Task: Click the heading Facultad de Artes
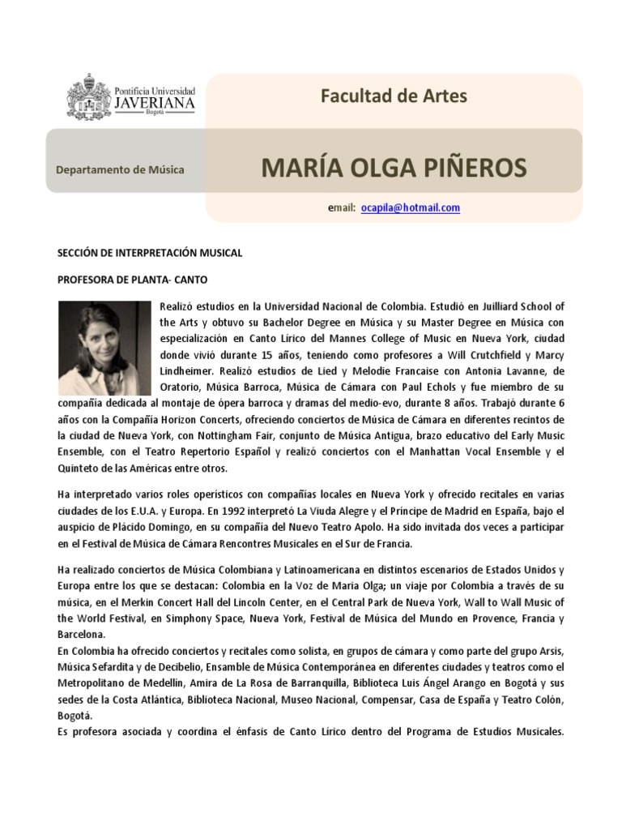click(394, 96)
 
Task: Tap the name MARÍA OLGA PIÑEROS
click(394, 168)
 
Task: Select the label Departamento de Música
click(120, 169)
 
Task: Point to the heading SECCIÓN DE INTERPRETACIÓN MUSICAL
click(150, 253)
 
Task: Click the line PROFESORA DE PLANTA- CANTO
click(132, 280)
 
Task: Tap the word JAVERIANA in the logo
click(154, 104)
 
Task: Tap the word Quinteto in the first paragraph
click(79, 468)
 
